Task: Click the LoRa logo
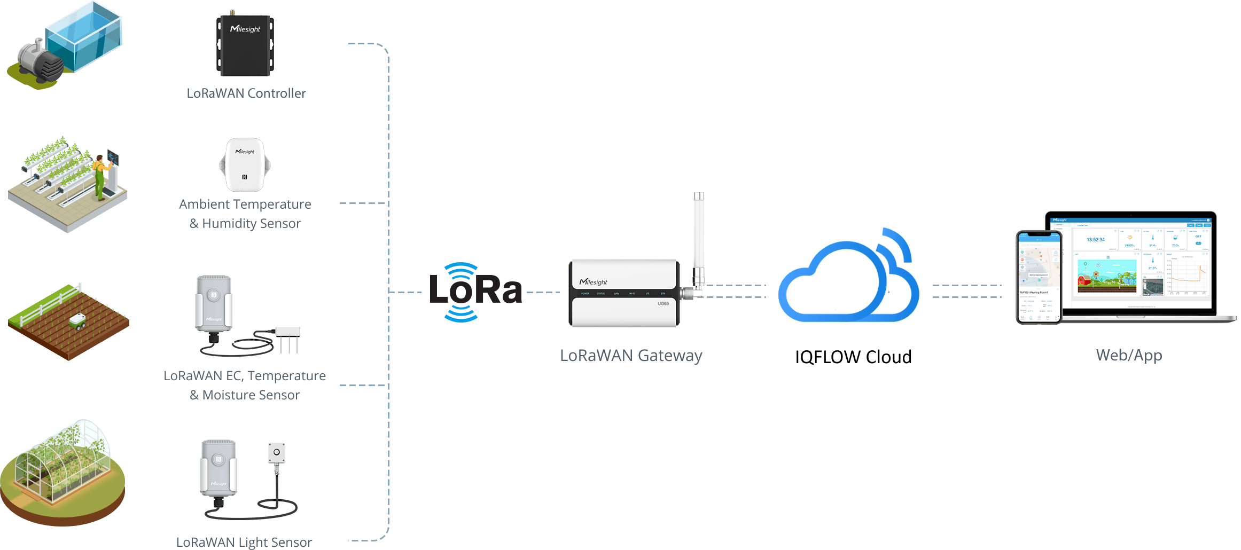point(475,292)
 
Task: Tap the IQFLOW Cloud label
point(853,357)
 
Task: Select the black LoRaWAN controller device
point(245,46)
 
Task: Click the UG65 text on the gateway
point(663,303)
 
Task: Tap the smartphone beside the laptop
point(1039,278)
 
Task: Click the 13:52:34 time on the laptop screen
point(1095,240)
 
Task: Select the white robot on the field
point(78,320)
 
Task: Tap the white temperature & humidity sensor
point(245,165)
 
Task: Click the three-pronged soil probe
point(287,339)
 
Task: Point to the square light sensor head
point(276,452)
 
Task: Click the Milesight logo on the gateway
point(594,282)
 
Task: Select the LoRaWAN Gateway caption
point(631,356)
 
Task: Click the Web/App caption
point(1129,355)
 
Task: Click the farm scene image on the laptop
point(1107,276)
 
